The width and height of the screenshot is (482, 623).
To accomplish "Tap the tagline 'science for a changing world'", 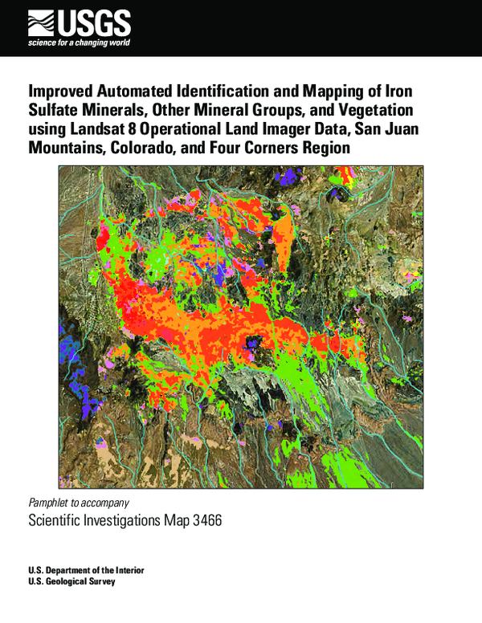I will coord(79,42).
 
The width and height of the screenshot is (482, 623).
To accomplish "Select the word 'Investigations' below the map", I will coord(123,521).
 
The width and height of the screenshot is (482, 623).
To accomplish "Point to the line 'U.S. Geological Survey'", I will coord(71,582).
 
